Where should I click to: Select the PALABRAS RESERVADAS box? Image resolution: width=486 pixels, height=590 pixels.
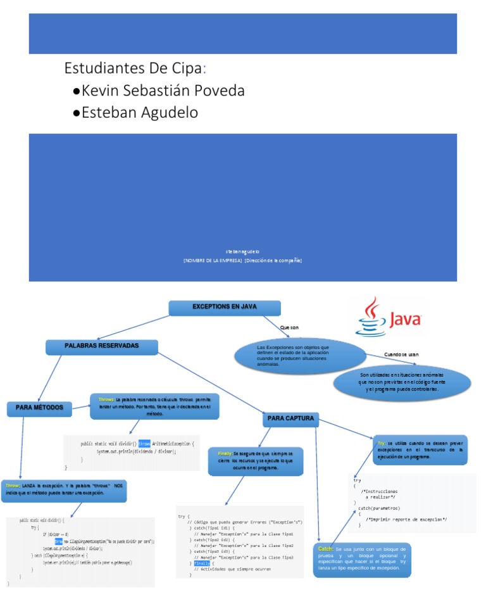pyautogui.click(x=102, y=346)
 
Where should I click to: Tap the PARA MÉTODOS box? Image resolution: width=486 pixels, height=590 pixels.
pyautogui.click(x=40, y=409)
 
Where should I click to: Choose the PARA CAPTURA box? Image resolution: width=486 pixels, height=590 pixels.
pyautogui.click(x=290, y=419)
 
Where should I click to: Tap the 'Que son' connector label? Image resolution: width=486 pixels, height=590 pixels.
pyautogui.click(x=289, y=327)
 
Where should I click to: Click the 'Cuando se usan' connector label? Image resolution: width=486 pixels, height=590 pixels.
pyautogui.click(x=401, y=355)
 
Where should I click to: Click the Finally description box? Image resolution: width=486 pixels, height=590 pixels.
pyautogui.click(x=256, y=461)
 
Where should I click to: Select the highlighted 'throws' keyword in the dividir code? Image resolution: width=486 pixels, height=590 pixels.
pyautogui.click(x=144, y=444)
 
